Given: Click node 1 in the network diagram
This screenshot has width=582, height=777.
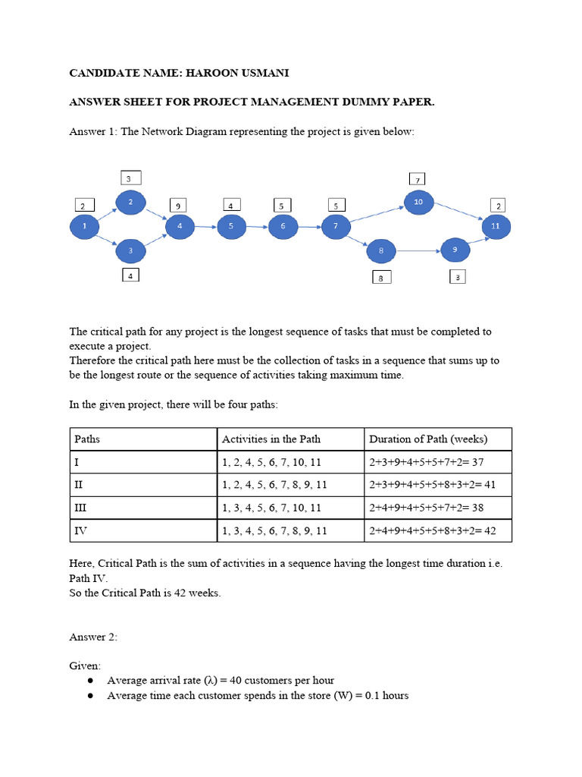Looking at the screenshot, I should click(x=85, y=226).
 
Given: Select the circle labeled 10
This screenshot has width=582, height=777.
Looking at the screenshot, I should click(x=418, y=201).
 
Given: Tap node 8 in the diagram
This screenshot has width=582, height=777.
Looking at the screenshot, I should click(x=381, y=250).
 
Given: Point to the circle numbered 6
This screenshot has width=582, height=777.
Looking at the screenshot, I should click(x=283, y=226).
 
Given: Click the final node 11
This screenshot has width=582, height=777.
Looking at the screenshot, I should click(x=496, y=226).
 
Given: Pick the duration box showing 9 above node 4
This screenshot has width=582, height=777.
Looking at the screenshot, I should click(x=177, y=205).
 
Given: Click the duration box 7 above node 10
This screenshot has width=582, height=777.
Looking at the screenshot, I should click(x=418, y=180).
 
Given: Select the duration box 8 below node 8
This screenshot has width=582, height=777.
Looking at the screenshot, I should click(x=381, y=278).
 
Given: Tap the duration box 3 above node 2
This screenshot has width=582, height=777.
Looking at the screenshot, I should click(x=130, y=178).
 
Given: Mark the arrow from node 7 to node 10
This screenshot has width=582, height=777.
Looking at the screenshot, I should click(x=376, y=213).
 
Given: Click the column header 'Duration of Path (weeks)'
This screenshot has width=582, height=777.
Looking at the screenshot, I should click(x=428, y=439).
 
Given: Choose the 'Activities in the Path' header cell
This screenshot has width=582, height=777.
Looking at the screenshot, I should click(x=271, y=439).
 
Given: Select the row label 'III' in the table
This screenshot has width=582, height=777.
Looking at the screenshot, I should click(x=80, y=508).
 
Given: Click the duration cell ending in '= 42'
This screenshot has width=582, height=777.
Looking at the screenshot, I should click(x=432, y=530).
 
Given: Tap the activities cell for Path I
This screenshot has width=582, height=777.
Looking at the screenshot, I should click(x=271, y=462).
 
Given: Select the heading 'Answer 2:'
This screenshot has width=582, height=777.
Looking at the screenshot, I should click(x=93, y=637).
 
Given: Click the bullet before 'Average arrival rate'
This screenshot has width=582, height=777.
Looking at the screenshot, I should click(x=90, y=681).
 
